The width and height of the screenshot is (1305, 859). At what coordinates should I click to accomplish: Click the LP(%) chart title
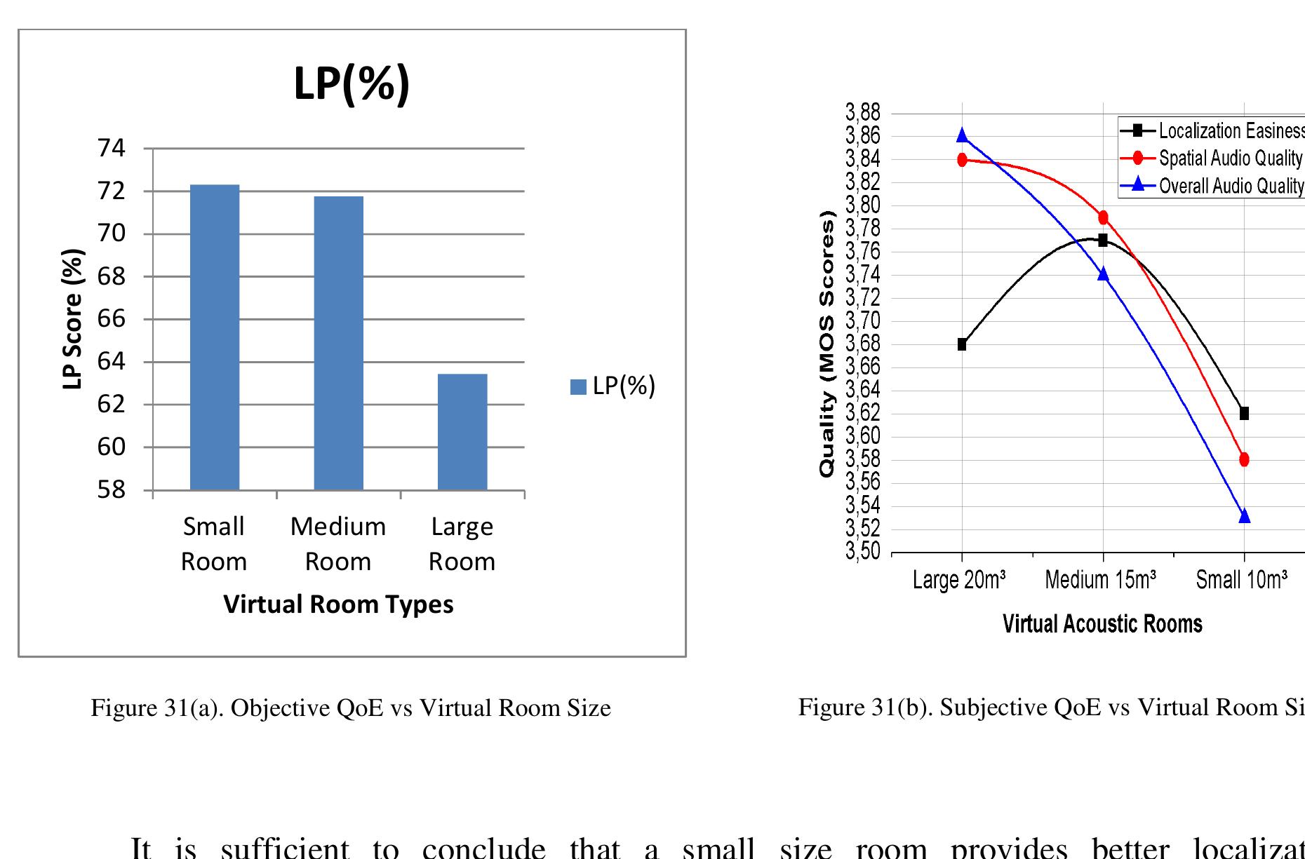tap(352, 84)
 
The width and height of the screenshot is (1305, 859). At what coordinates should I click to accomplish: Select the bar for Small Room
tap(215, 337)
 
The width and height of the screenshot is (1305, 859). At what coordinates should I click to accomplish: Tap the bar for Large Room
tap(462, 431)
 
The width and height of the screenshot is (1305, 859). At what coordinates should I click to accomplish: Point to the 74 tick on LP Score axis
tap(111, 149)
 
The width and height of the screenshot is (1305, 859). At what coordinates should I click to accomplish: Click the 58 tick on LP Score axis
tap(111, 489)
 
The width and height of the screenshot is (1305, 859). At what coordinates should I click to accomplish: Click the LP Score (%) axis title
tap(72, 319)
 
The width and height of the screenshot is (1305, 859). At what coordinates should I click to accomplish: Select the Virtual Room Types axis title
tap(338, 604)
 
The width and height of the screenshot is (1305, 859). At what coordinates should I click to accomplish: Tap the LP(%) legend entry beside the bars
tap(613, 386)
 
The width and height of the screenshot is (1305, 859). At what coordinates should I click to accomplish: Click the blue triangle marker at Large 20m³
tap(962, 135)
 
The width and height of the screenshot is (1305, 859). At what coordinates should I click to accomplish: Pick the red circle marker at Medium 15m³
tap(1103, 217)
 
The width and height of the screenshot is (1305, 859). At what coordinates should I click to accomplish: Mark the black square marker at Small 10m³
tap(1244, 414)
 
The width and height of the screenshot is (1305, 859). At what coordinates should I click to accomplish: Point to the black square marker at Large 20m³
tap(962, 344)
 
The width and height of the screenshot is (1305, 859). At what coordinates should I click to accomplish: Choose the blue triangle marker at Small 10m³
tap(1244, 516)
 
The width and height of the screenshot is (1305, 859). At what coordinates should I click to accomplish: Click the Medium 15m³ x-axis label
tap(1100, 581)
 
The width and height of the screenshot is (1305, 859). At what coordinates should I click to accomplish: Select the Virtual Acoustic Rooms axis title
tap(1102, 623)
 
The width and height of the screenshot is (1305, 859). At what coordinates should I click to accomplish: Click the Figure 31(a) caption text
tap(351, 708)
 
